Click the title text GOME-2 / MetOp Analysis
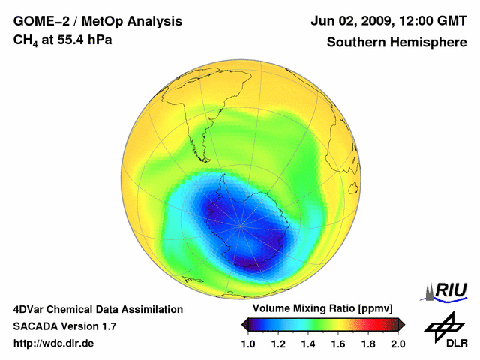pyautogui.click(x=97, y=21)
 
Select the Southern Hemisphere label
pyautogui.click(x=396, y=42)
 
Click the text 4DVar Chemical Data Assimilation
pyautogui.click(x=98, y=309)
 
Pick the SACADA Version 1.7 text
pyautogui.click(x=64, y=326)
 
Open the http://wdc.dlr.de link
pyautogui.click(x=54, y=343)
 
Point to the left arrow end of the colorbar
pyautogui.click(x=244, y=324)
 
